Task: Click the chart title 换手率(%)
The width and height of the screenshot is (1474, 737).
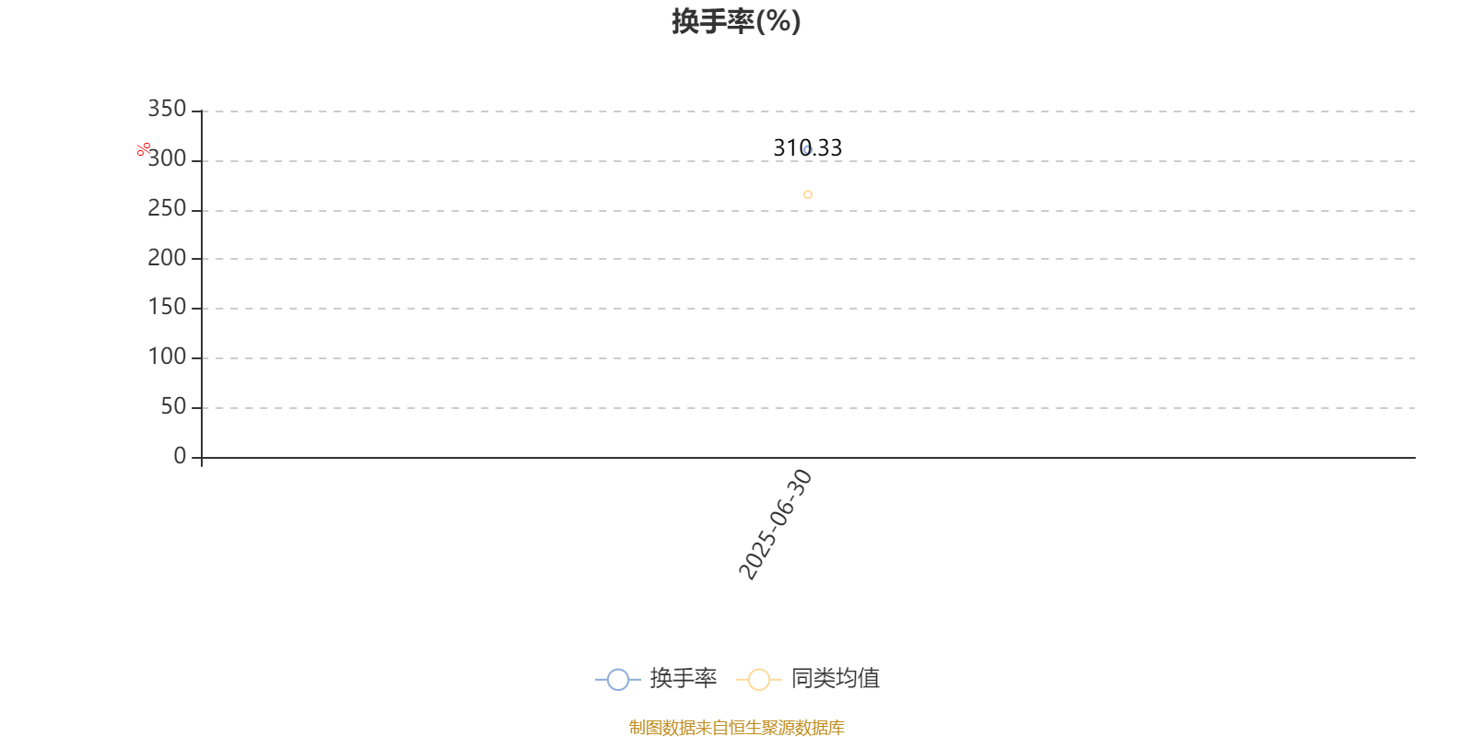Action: tap(736, 21)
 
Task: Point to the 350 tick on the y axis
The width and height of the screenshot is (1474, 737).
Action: tap(167, 109)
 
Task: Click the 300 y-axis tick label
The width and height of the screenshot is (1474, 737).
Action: tap(167, 158)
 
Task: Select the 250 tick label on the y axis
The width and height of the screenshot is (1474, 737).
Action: tap(167, 208)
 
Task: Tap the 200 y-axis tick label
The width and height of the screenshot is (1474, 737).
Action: tap(167, 258)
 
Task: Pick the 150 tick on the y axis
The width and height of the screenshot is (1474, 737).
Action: tap(167, 308)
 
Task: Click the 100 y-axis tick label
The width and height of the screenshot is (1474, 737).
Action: tap(167, 357)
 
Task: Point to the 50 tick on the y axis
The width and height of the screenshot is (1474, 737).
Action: tap(174, 406)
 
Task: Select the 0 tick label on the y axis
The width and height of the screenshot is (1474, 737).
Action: tap(180, 456)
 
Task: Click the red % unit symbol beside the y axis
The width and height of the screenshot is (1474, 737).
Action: tap(144, 150)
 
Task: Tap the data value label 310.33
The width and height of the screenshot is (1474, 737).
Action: tap(807, 148)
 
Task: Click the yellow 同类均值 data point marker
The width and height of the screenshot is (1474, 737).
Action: tap(808, 194)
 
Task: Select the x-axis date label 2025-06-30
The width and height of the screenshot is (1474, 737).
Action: tap(776, 525)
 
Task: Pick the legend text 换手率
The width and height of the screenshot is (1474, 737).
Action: tap(683, 678)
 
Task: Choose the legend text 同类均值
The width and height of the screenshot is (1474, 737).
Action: tap(836, 678)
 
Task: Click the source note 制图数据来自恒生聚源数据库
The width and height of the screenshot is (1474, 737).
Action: tap(736, 727)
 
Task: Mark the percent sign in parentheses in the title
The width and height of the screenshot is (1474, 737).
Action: tap(778, 22)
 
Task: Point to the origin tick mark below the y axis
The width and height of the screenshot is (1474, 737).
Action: tap(202, 462)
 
